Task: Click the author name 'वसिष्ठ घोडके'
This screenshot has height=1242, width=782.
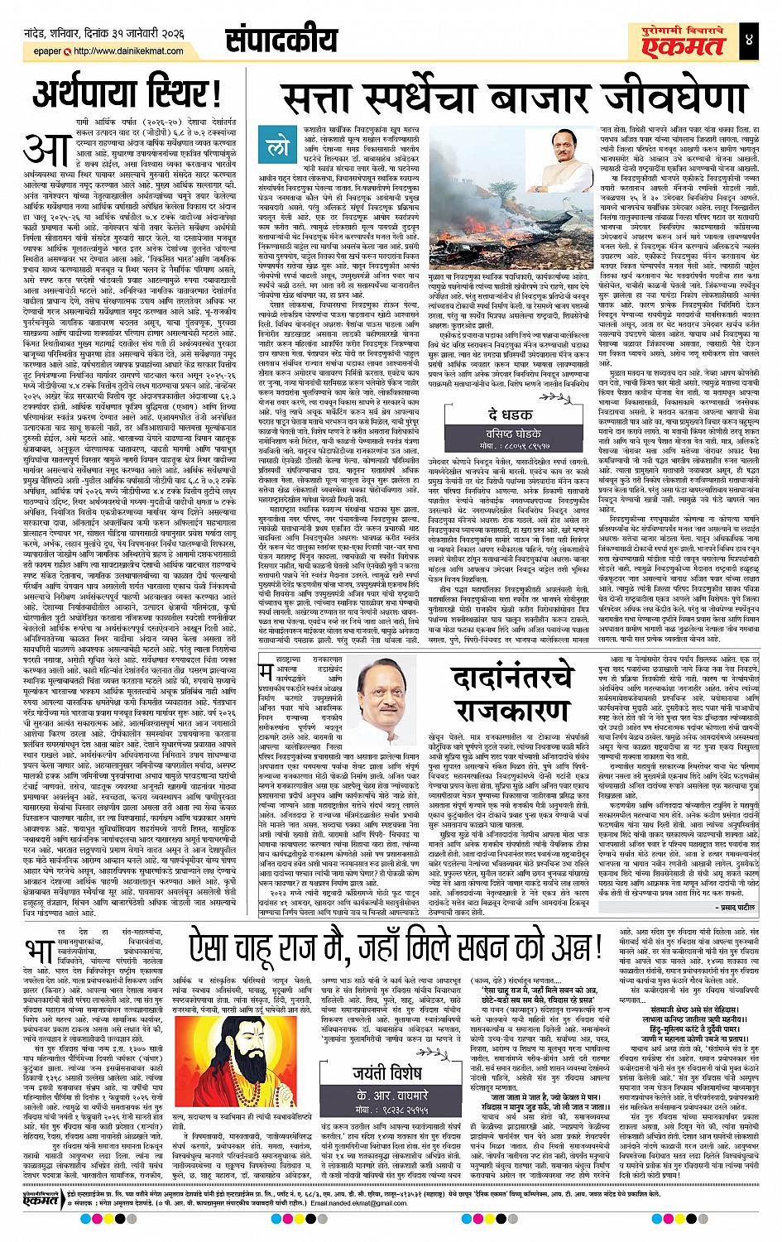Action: pos(487,432)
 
